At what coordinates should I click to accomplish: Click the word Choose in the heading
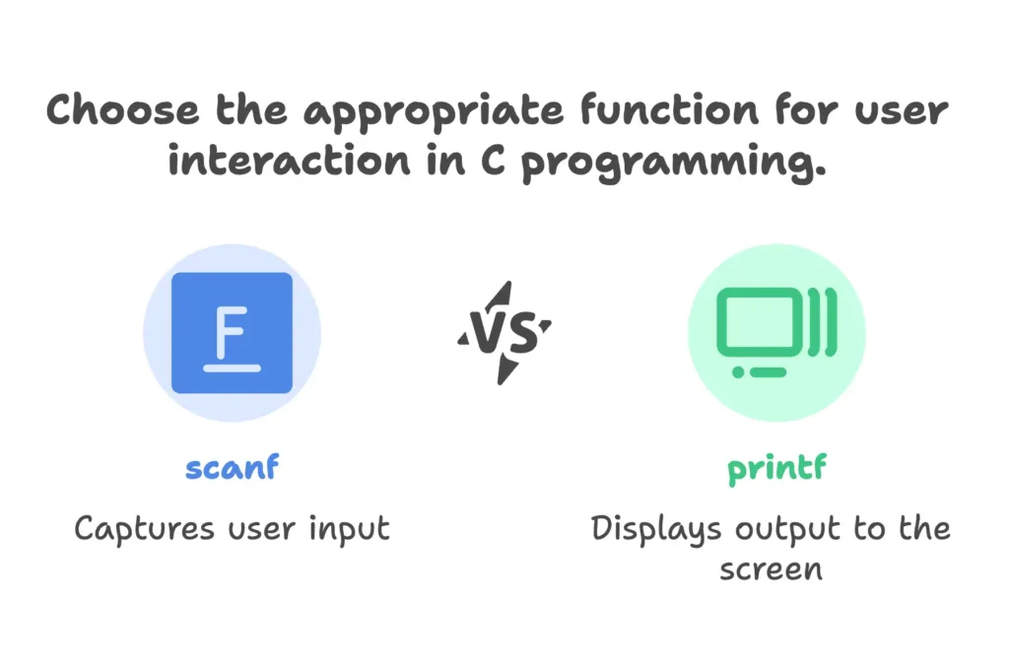(123, 109)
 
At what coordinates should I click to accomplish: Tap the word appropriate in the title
(434, 113)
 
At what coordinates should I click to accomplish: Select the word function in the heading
(669, 109)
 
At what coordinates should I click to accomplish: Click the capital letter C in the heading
(493, 160)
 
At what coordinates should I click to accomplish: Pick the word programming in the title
(673, 164)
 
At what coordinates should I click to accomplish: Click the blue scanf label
(233, 467)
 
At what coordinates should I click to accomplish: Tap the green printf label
(776, 469)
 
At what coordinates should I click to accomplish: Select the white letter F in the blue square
(232, 332)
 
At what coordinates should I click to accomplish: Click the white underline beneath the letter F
(233, 368)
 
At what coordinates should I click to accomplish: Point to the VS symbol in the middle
(504, 333)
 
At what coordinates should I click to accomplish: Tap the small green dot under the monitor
(738, 372)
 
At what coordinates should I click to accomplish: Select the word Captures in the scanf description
(144, 530)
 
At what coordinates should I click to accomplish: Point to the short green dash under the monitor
(768, 372)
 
